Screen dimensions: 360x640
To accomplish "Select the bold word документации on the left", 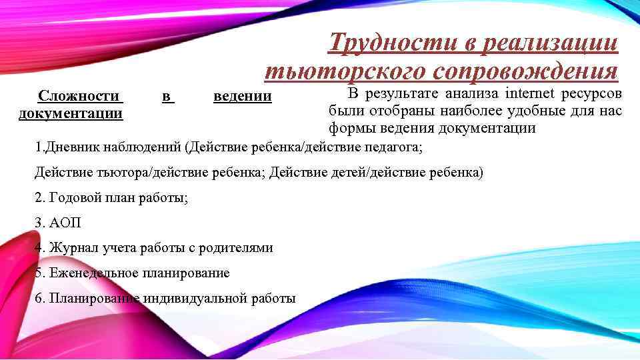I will (x=71, y=113).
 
